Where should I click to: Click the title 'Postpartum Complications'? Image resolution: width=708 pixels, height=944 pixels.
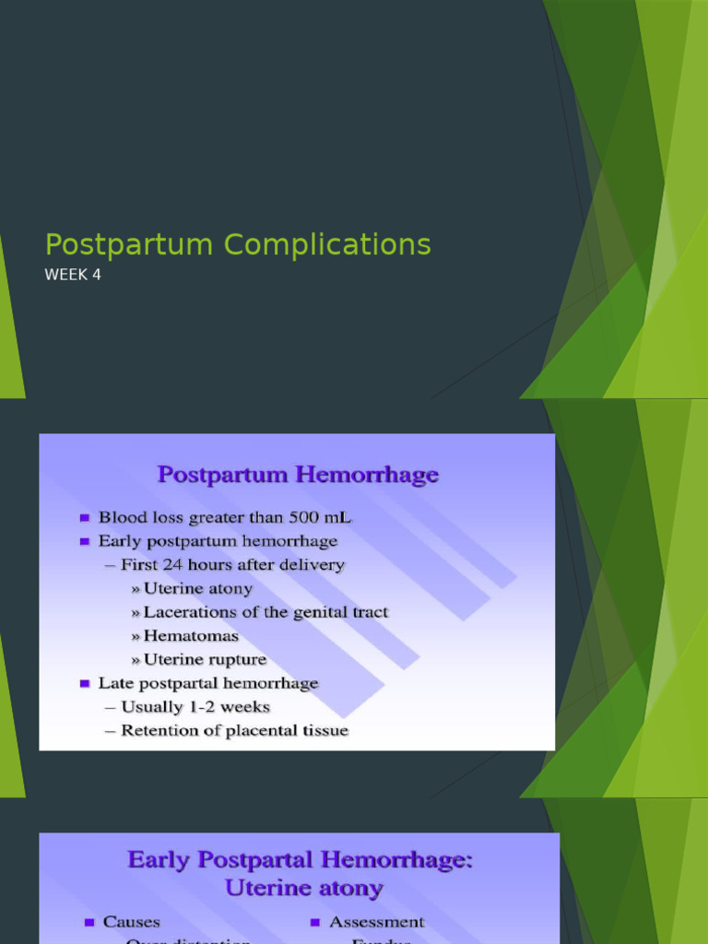(x=238, y=245)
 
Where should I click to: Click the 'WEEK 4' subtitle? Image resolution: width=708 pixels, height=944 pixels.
(x=73, y=274)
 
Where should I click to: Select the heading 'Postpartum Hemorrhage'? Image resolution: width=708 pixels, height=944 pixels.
(x=298, y=476)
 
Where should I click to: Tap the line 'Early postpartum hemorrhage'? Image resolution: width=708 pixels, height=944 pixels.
(x=218, y=541)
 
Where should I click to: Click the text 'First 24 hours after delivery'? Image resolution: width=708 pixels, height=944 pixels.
(x=233, y=565)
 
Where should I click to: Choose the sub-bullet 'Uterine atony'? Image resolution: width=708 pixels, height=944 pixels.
(x=197, y=588)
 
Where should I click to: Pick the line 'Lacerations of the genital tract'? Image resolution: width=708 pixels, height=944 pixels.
(x=265, y=612)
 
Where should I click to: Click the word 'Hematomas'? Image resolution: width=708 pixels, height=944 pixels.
(x=191, y=636)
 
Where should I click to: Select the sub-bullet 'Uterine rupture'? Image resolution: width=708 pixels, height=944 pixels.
(x=205, y=660)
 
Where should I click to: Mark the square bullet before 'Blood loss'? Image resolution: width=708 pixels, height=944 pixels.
(x=86, y=518)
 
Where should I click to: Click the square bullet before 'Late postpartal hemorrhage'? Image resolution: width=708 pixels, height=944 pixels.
(x=86, y=684)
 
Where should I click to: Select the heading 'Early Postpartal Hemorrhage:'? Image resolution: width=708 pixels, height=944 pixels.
(x=300, y=860)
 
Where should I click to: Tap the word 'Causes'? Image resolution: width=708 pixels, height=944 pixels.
(x=131, y=922)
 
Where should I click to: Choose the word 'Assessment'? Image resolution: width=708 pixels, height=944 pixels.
(x=376, y=922)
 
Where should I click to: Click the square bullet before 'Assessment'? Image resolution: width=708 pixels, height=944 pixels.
(x=314, y=923)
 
